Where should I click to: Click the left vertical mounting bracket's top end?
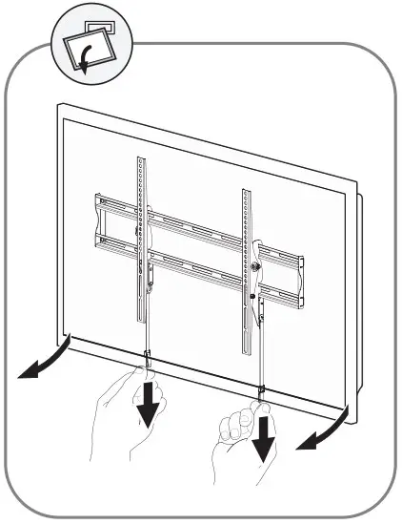point(141,158)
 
